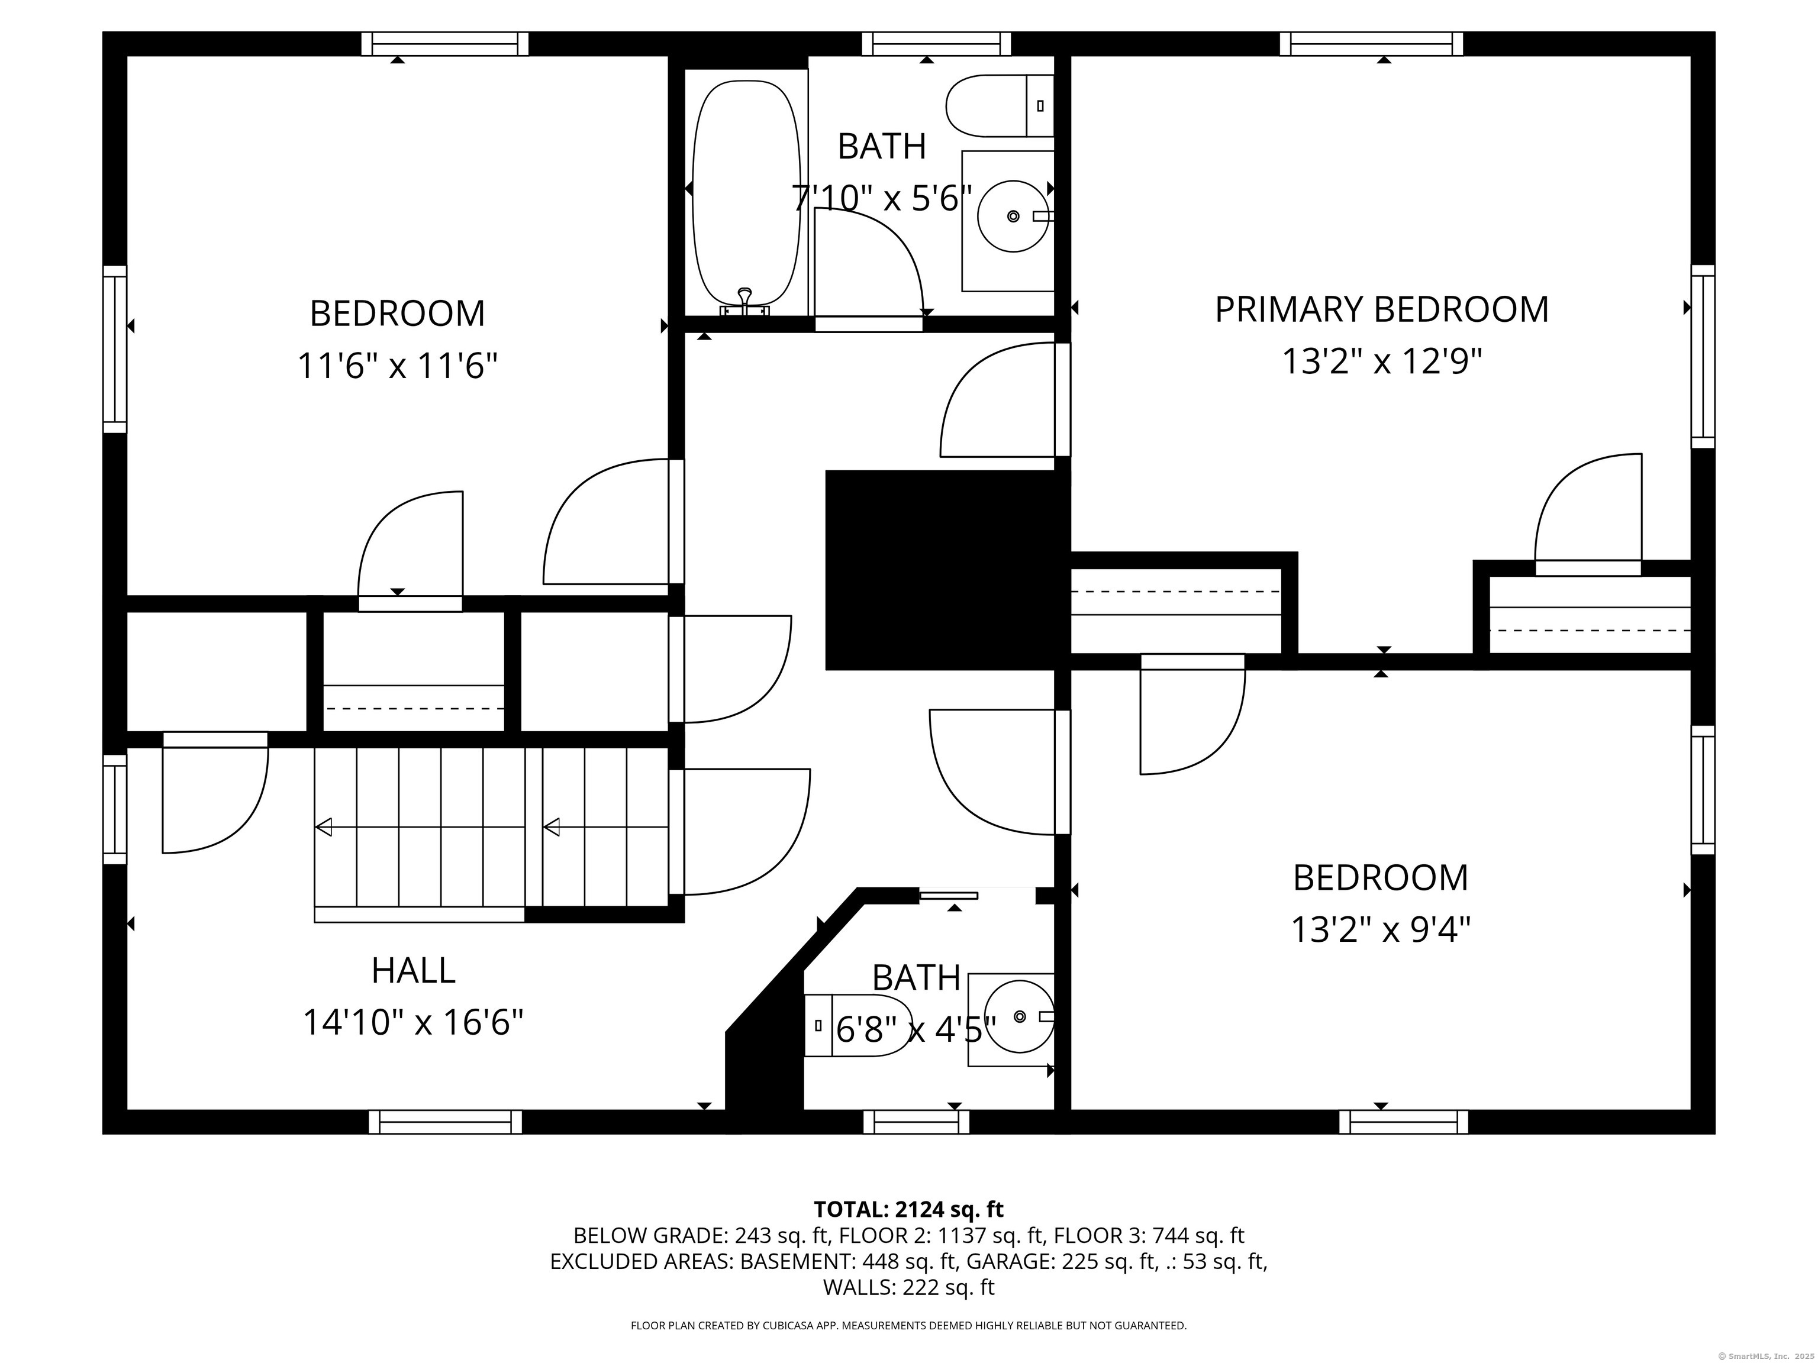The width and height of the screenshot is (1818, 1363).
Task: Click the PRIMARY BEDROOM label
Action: [x=1382, y=310]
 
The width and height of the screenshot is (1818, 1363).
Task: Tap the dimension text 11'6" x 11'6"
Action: [x=398, y=366]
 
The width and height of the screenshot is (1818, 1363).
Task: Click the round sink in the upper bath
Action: [x=1013, y=216]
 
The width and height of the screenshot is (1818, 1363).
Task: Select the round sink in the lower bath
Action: [x=1018, y=1017]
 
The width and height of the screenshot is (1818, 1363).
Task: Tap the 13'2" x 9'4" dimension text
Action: [x=1381, y=930]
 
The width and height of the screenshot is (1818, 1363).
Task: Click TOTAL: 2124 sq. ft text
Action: [x=908, y=1209]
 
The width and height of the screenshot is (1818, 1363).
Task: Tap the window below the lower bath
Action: [x=916, y=1122]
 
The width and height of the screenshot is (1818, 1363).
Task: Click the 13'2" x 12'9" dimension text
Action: [x=1382, y=361]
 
